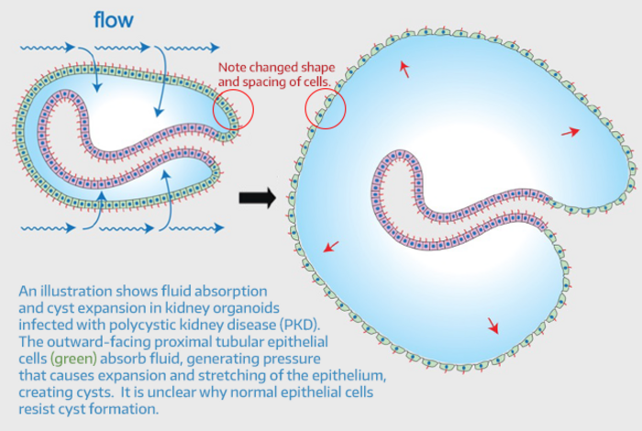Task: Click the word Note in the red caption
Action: point(234,69)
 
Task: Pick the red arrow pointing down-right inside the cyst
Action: point(493,325)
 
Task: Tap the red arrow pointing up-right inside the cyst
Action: point(570,132)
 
